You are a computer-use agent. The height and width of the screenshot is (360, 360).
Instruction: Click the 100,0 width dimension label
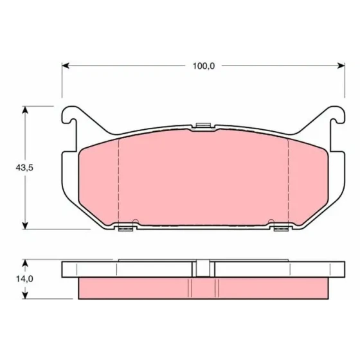coord(204,66)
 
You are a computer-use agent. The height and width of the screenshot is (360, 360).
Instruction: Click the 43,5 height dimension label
coord(24,168)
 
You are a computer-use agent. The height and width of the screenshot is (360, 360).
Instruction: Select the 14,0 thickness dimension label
coord(24,279)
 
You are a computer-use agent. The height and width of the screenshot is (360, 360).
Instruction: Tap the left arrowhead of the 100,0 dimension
coord(66,66)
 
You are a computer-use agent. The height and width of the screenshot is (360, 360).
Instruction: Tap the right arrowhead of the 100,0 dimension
coord(341,66)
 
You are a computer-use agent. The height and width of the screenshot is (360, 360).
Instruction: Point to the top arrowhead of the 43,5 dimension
coord(25,110)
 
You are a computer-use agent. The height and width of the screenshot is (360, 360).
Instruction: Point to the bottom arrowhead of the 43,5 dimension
coord(25,226)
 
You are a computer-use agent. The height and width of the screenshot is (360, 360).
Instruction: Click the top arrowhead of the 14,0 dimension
coord(25,263)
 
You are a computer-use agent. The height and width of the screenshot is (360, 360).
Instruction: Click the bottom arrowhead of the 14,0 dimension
coord(25,296)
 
